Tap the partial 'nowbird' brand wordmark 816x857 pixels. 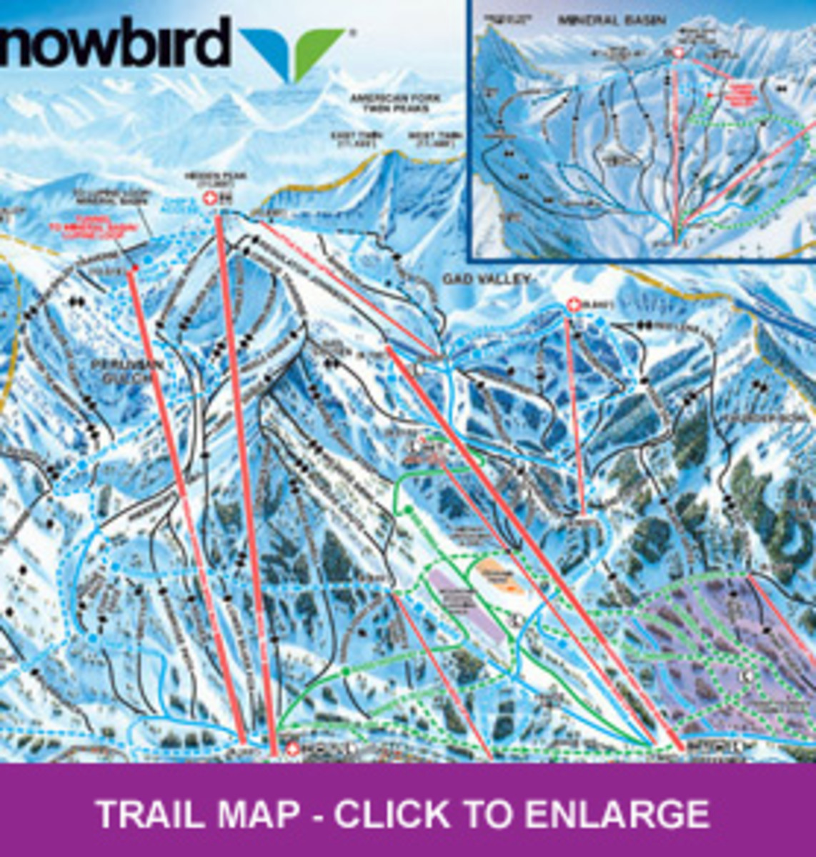click(114, 43)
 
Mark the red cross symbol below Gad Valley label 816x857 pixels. click(572, 305)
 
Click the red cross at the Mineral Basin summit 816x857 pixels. click(678, 53)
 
